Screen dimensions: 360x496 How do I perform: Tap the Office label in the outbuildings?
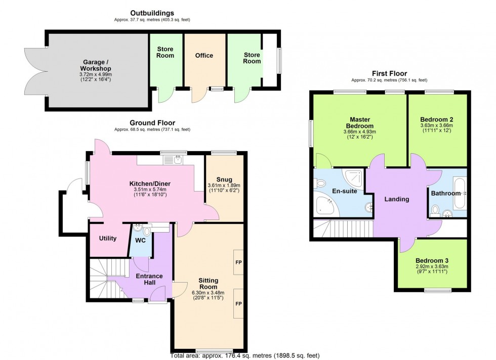point(204,56)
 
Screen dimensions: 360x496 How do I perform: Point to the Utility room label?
point(108,239)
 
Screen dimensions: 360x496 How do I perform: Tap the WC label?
point(140,240)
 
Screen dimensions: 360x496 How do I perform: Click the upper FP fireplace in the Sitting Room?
point(238,262)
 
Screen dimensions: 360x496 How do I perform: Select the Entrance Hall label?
point(150,280)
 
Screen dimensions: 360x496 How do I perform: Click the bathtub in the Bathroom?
point(459,193)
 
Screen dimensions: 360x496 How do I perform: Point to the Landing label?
point(396,199)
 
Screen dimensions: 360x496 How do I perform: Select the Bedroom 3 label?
point(429,260)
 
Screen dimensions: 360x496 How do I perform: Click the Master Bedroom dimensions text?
point(360,135)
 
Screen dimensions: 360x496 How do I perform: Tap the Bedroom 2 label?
point(436,119)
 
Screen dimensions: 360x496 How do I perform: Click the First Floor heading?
point(389,74)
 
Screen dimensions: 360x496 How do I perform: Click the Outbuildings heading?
point(152,13)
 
